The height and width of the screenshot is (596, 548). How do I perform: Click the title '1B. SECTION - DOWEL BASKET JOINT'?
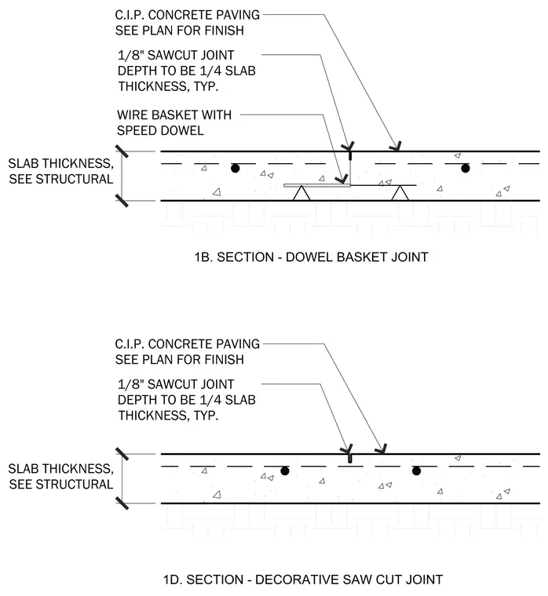coord(312,257)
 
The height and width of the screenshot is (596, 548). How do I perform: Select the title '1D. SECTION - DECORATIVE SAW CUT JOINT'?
coord(303,580)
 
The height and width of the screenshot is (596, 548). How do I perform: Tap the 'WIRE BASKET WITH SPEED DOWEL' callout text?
coord(174,122)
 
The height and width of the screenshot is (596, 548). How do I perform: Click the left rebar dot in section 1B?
coord(236,168)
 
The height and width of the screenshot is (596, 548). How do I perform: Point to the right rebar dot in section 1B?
coord(465,168)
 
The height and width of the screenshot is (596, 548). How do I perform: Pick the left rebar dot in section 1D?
coord(285,471)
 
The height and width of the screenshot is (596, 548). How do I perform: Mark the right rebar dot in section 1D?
coord(416,471)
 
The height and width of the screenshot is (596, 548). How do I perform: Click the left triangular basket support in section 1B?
coord(301,194)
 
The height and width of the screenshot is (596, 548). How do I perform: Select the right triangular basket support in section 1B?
coord(400,194)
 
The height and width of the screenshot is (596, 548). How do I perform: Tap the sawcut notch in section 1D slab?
coord(349,459)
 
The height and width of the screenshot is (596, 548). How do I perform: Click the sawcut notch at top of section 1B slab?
coord(350,156)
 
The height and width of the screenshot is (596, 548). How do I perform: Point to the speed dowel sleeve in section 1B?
coord(317,185)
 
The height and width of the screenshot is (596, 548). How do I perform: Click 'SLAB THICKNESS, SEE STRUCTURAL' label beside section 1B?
coord(61,171)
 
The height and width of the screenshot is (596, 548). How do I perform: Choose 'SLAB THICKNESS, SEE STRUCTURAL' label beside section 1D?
coord(61,476)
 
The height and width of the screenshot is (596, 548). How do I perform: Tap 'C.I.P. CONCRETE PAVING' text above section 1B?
coord(187,15)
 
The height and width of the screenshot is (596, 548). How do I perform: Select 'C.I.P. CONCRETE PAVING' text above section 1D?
coord(187,344)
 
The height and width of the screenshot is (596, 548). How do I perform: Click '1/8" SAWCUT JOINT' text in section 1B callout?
coord(176,55)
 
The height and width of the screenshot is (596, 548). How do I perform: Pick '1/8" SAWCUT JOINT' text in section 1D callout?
coord(176,384)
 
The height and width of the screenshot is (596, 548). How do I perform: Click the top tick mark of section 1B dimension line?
coord(122,151)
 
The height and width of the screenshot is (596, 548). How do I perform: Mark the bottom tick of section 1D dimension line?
coord(122,503)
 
